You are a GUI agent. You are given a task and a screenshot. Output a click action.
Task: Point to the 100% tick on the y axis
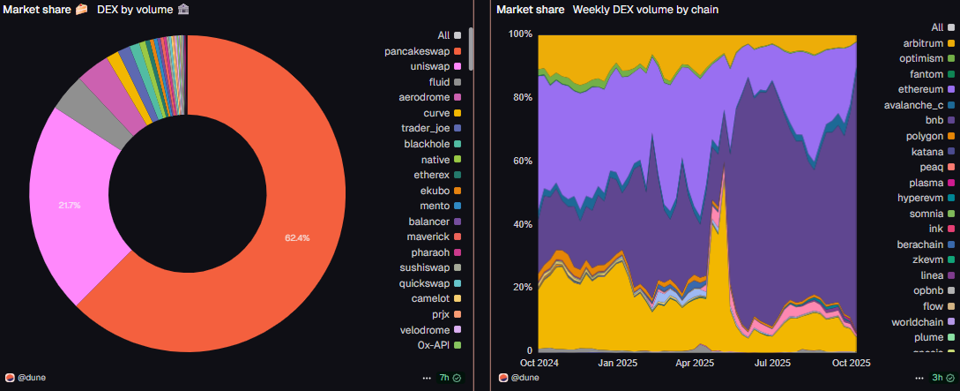[x=521, y=34]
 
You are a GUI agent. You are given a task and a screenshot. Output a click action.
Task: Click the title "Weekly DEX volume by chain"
[x=645, y=10]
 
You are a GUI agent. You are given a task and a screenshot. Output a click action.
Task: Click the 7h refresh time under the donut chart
[x=444, y=378]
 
